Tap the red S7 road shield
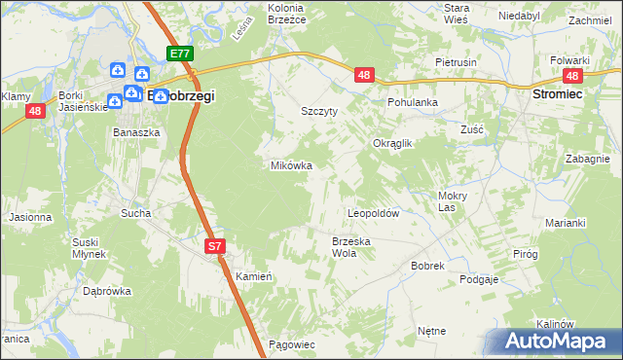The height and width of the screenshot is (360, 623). (215, 248)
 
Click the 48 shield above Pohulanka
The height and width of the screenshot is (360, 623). (364, 75)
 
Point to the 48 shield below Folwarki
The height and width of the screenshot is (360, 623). (572, 77)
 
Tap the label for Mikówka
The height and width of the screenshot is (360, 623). (291, 165)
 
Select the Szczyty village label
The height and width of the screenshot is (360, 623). (319, 111)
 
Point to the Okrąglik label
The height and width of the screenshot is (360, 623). (393, 143)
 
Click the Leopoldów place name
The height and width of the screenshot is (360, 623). (375, 212)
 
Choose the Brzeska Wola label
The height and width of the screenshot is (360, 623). (351, 246)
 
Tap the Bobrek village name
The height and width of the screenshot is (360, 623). (427, 265)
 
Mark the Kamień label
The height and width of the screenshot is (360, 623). (252, 276)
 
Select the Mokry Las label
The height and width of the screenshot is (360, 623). (446, 200)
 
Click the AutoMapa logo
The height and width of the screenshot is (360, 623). (554, 342)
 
